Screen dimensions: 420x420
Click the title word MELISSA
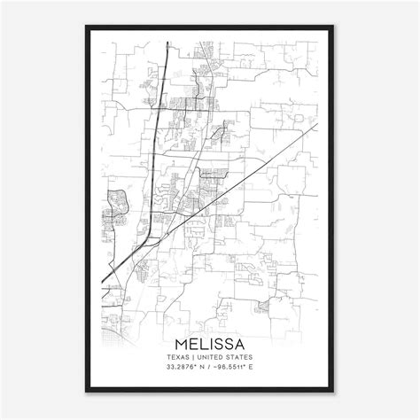210,342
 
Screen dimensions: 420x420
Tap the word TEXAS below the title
175,356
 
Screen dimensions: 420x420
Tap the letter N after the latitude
203,367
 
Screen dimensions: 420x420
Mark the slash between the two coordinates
210,367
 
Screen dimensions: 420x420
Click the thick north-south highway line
158,133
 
